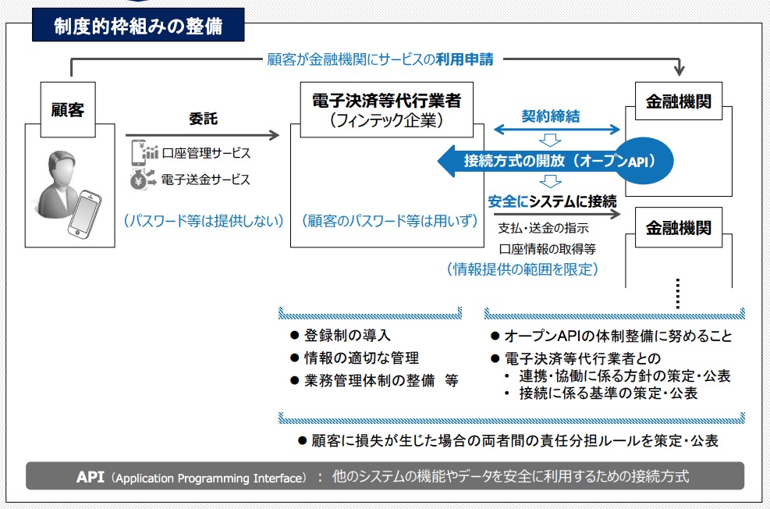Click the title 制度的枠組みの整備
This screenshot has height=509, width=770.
click(138, 26)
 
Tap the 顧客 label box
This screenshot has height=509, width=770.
click(68, 109)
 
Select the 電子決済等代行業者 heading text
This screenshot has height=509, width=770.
click(386, 101)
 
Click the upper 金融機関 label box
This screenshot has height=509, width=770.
click(678, 101)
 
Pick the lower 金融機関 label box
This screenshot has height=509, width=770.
click(678, 227)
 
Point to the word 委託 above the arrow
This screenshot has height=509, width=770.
click(204, 119)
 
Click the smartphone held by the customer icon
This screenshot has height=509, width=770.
click(84, 214)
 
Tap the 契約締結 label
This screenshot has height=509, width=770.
click(551, 116)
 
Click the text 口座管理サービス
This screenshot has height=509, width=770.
click(206, 153)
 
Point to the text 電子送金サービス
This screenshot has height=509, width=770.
click(206, 180)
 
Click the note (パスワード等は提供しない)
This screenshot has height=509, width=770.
click(204, 221)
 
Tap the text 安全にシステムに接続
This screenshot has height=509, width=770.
click(552, 201)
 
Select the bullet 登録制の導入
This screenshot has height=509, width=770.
click(340, 336)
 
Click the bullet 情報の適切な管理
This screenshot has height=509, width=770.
click(354, 358)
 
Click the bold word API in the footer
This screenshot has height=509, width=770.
click(90, 476)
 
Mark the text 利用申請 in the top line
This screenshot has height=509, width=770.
click(464, 60)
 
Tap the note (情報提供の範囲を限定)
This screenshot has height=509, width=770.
click(523, 269)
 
